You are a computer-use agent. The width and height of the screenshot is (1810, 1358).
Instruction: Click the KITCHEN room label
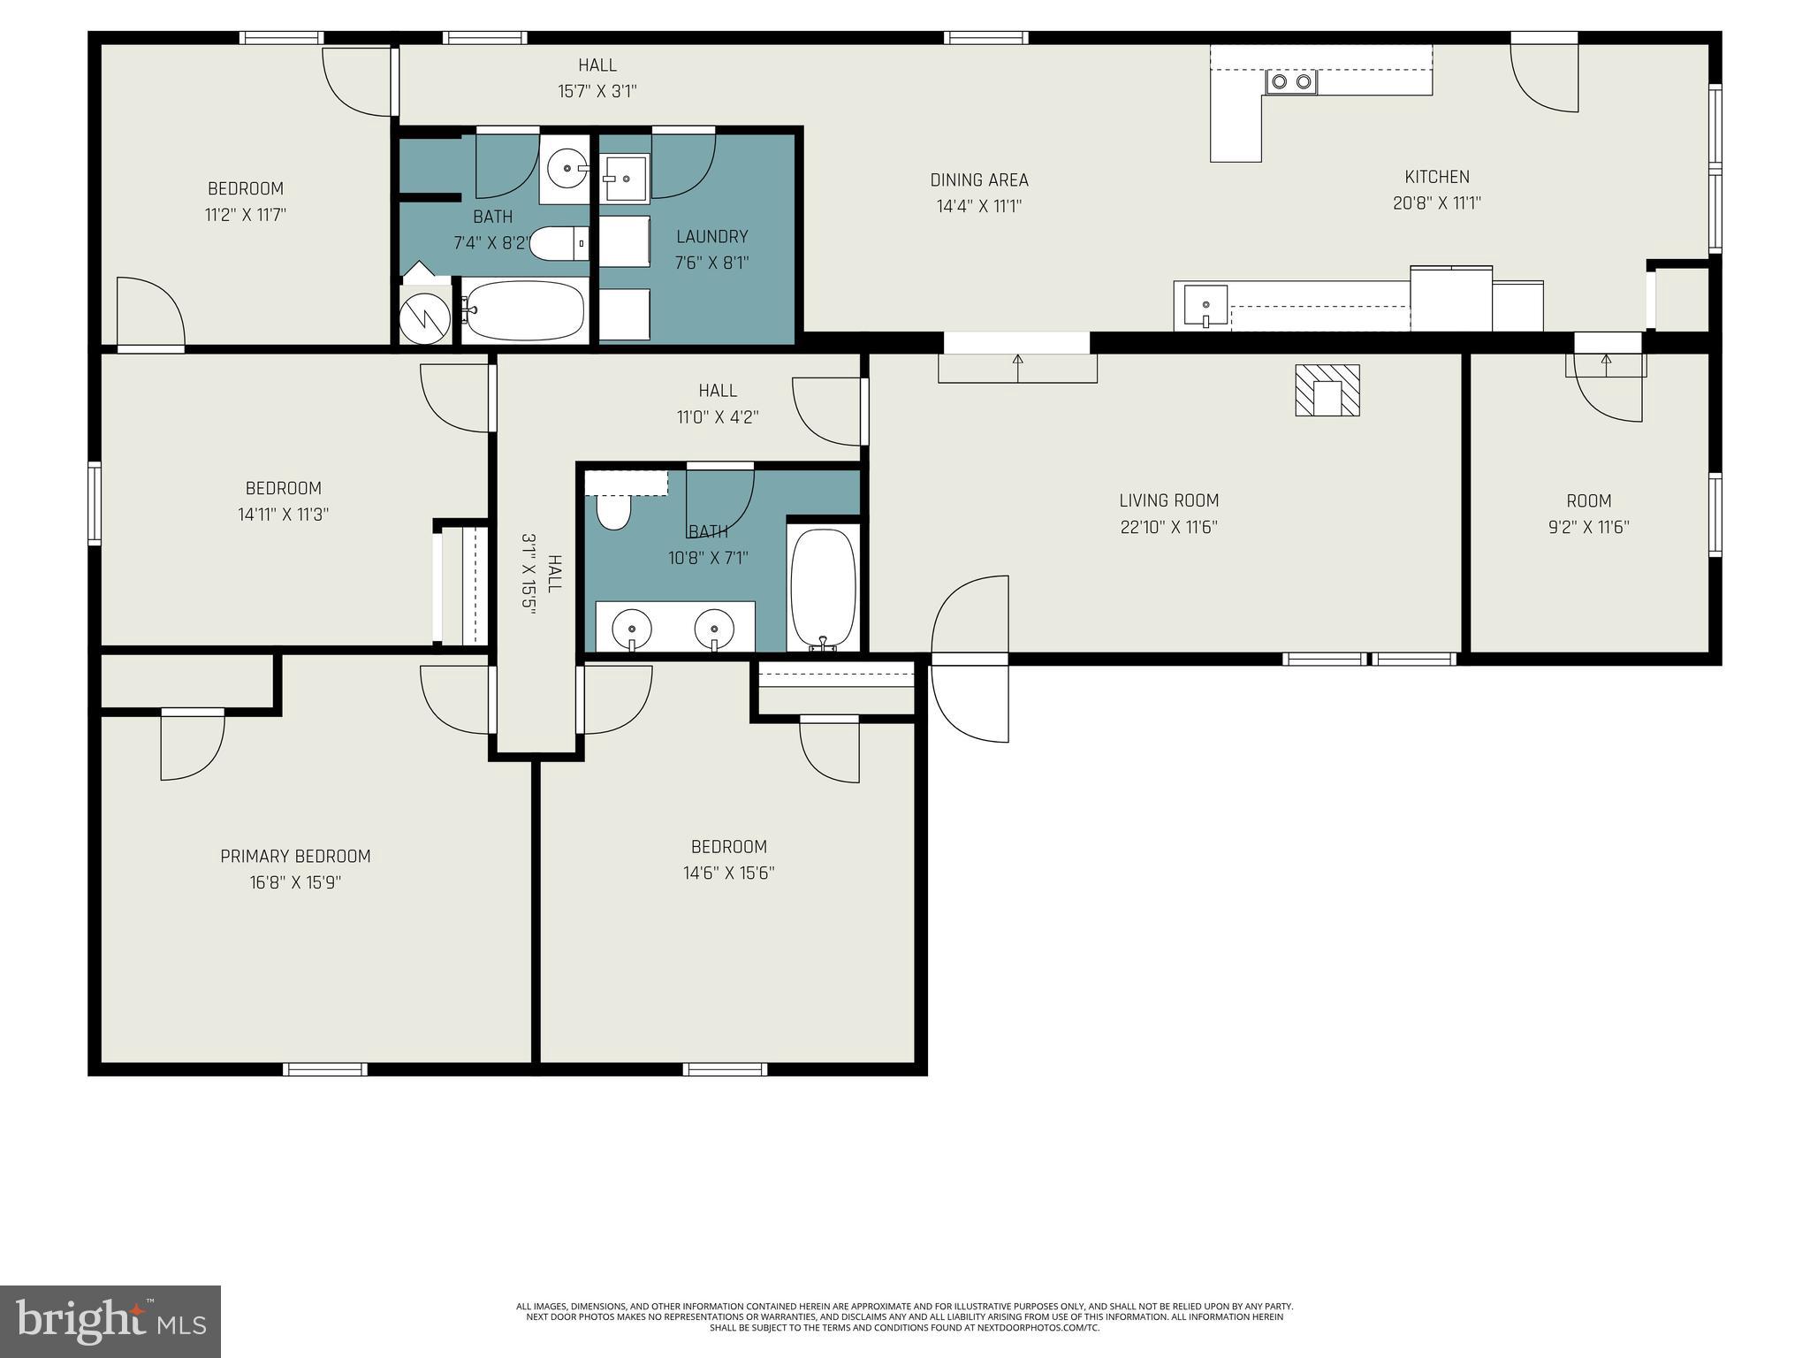coord(1437,177)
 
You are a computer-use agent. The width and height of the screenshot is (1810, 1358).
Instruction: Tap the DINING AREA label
coord(979,180)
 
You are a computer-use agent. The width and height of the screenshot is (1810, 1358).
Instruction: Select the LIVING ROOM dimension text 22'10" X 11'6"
coord(1168,527)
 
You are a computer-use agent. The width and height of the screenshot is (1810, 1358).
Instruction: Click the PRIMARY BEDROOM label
coord(295,856)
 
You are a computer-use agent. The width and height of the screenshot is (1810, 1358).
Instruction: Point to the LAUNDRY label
coord(711,237)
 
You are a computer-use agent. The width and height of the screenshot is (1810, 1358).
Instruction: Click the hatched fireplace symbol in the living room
coord(1327,390)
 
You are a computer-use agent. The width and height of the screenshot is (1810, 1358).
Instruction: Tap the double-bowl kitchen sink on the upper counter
coord(1291,82)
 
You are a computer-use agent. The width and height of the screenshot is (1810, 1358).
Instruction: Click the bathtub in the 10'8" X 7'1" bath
coord(823,588)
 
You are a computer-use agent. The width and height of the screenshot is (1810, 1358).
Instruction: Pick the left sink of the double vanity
coord(632,629)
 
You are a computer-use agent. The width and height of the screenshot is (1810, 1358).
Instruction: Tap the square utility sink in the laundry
coord(626,178)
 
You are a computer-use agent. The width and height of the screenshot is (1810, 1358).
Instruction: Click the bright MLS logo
coord(110,1321)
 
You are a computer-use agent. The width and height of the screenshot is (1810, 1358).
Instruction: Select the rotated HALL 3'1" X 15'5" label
coord(541,573)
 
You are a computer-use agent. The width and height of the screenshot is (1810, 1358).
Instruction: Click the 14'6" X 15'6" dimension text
coord(728,873)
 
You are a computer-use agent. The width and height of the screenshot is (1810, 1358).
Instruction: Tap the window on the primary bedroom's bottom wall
coord(324,1069)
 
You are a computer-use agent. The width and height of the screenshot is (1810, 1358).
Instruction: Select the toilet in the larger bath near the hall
coord(612,512)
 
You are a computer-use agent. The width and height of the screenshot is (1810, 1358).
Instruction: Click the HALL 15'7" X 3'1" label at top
coord(597,78)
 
